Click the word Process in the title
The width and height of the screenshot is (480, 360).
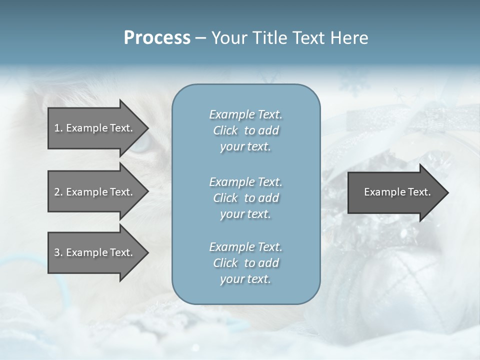coord(157,38)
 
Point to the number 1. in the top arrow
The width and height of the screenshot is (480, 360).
coord(58,128)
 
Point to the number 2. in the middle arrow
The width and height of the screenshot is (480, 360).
coord(58,192)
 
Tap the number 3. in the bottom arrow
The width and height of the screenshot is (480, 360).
coord(58,252)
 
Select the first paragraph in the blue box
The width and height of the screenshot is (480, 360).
coord(245,130)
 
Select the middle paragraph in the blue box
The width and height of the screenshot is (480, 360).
coord(245,197)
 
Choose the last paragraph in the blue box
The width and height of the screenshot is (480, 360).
coord(245,263)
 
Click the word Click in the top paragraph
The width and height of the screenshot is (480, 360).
coord(225,130)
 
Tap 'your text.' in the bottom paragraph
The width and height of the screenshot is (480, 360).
coord(245,279)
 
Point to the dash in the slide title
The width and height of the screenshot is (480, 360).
coord(200,38)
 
